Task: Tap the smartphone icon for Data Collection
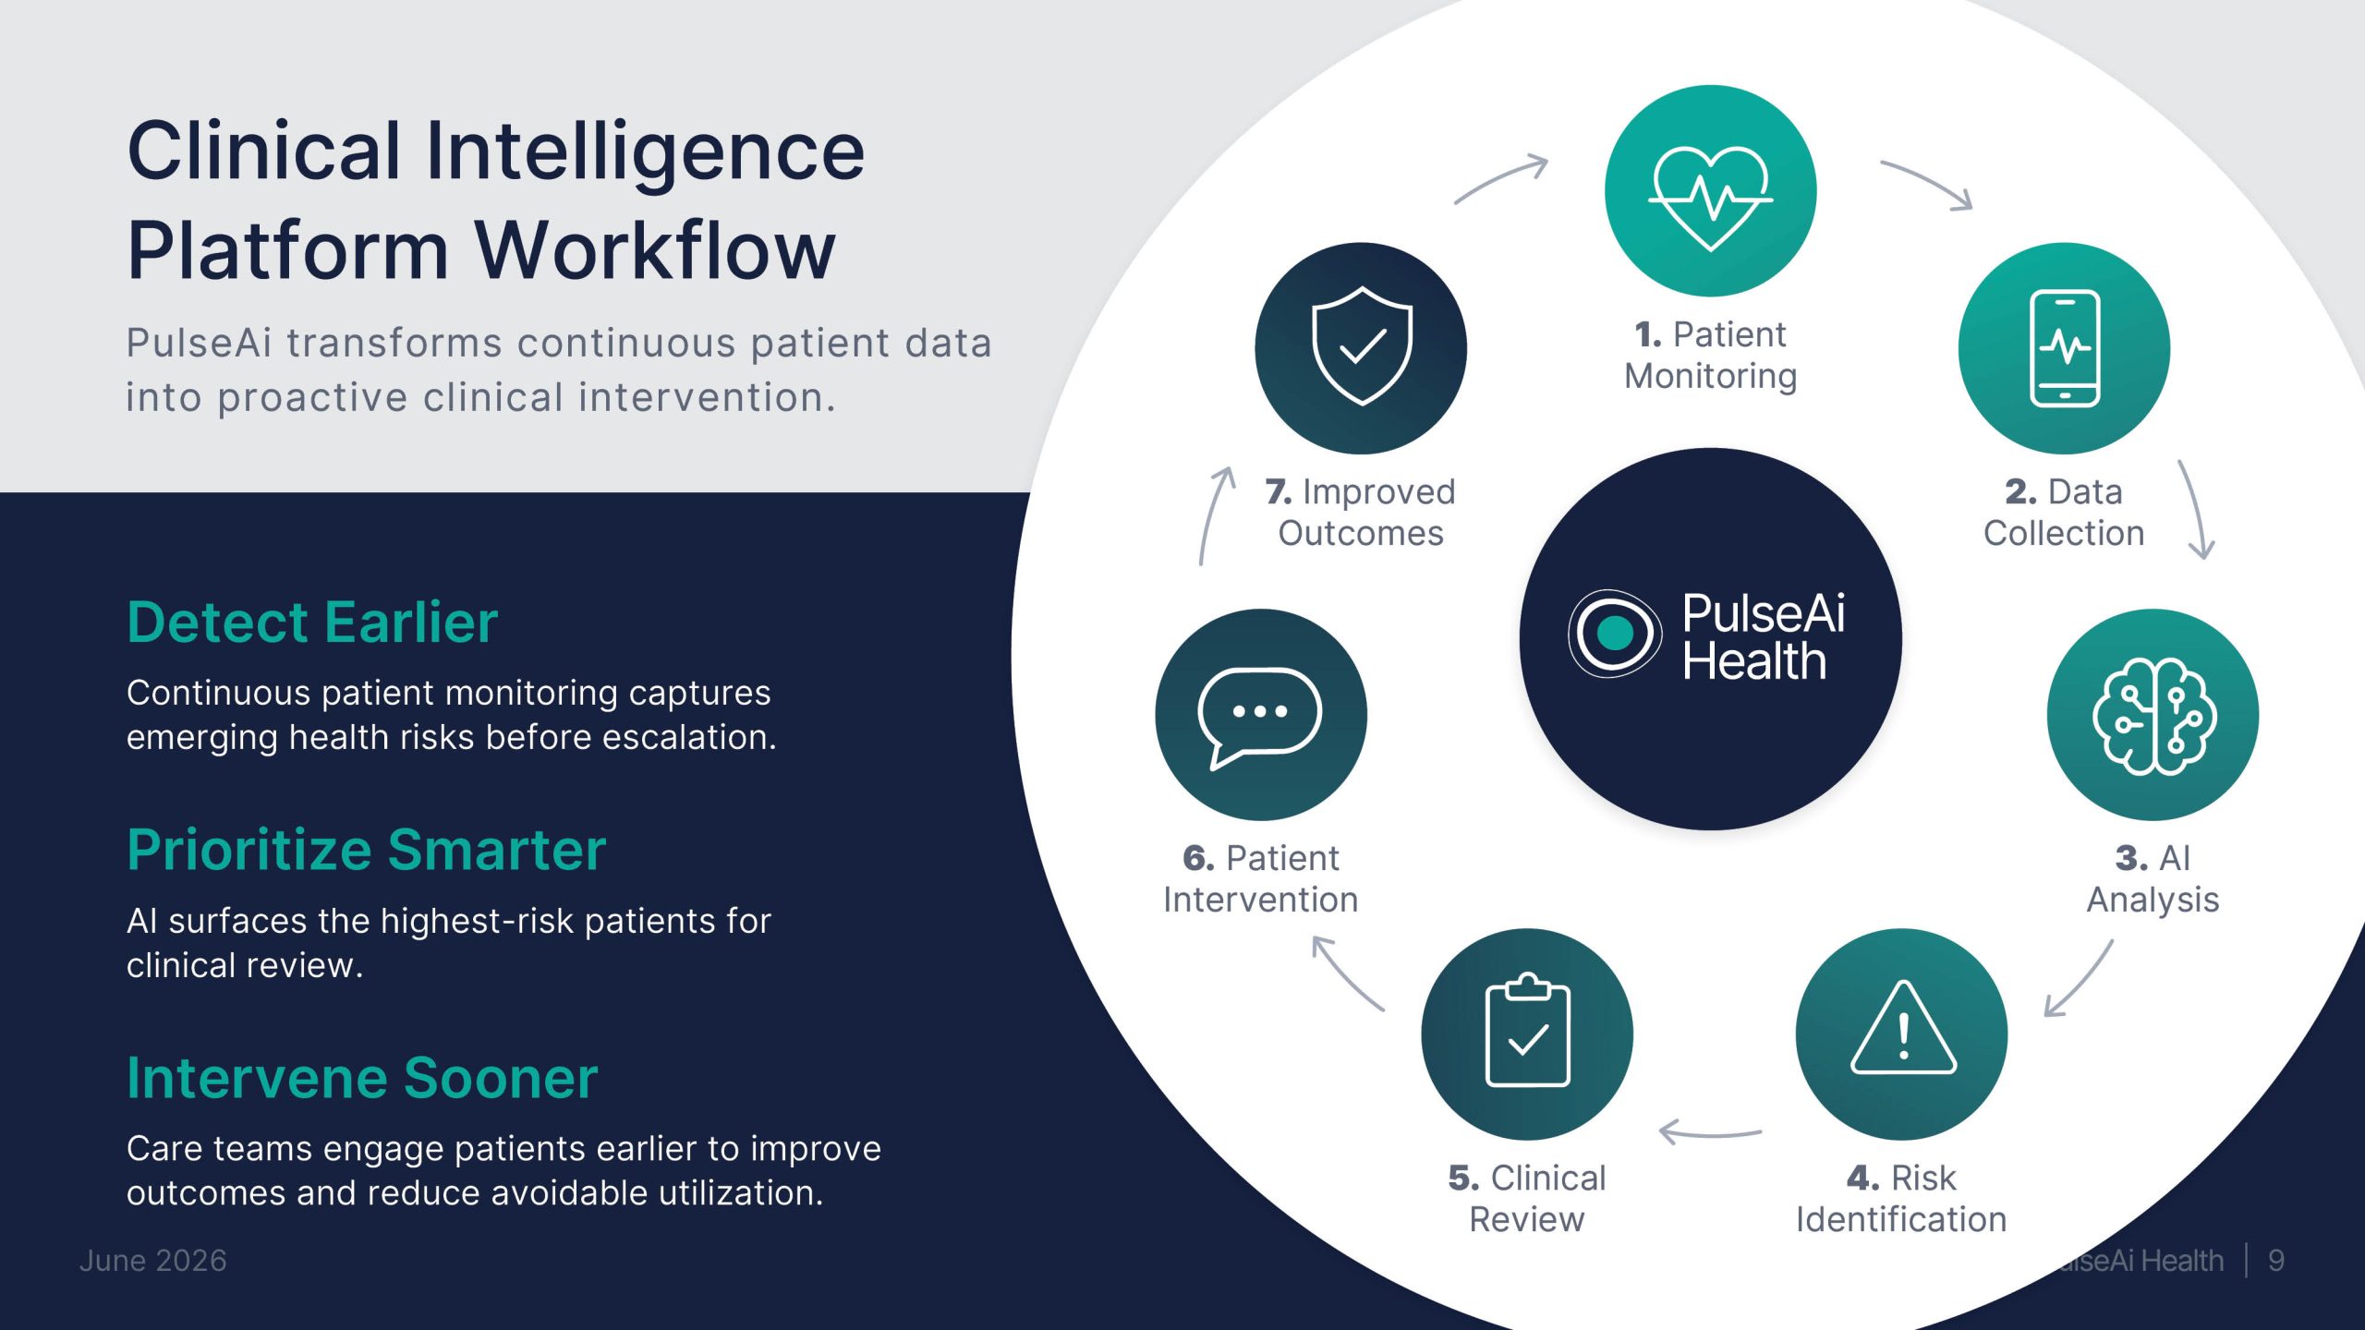2065,348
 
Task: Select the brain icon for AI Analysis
2153,716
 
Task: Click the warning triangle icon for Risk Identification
1903,1028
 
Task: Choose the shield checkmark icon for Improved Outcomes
1362,345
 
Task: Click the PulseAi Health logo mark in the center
1614,634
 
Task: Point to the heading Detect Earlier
312,622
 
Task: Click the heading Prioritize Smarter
367,850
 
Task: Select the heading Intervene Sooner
362,1078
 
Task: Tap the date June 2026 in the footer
153,1261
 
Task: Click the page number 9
2276,1261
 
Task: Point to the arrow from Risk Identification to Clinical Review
1710,1132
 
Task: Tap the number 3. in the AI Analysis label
2131,859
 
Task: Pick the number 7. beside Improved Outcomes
1279,492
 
